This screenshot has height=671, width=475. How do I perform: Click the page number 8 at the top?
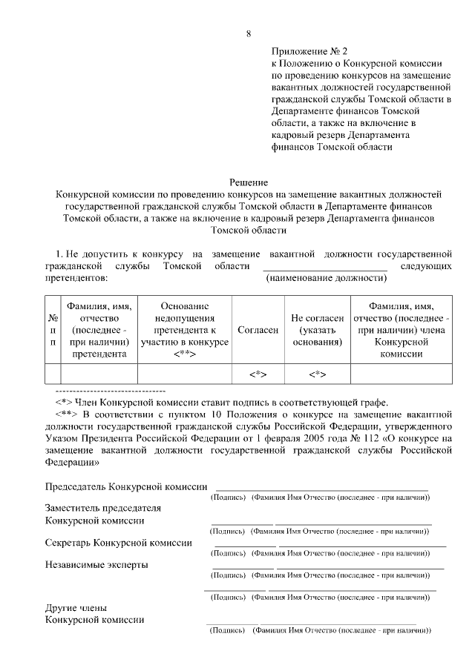coord(249,33)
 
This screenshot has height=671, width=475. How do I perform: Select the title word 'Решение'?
coord(248,182)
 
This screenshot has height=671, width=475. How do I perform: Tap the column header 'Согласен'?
coord(258,330)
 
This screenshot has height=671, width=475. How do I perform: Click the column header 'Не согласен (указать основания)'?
coord(317,330)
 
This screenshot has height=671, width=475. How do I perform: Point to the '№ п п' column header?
coord(53,330)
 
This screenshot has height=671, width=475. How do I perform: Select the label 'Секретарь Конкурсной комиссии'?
coord(119,543)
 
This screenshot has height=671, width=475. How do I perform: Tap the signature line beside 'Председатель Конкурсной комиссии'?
coord(321,490)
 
